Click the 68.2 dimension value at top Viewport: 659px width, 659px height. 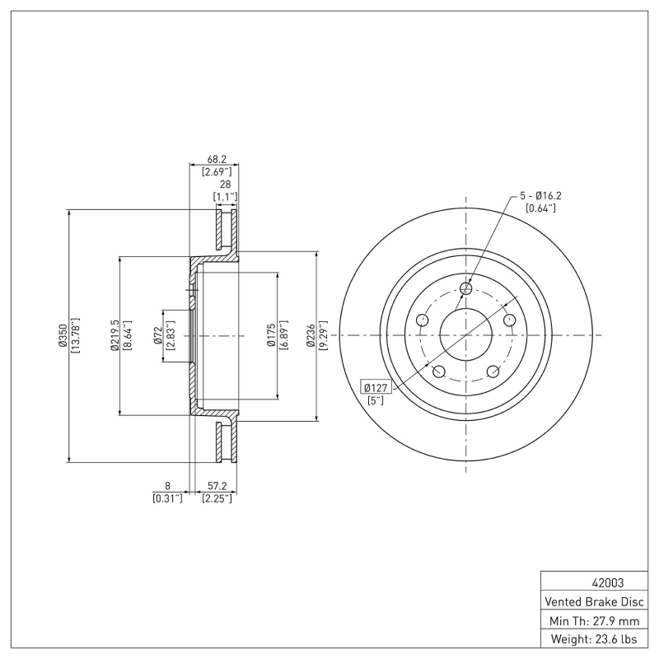tap(217, 160)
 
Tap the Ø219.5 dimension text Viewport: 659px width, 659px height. tap(115, 335)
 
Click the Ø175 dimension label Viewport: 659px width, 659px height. tap(271, 335)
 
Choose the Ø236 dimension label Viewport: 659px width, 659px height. tap(311, 335)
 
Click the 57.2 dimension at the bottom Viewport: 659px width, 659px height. tap(217, 487)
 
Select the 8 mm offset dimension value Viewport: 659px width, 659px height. tap(167, 487)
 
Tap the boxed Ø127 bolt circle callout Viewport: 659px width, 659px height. tap(376, 387)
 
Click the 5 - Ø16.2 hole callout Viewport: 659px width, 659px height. tap(540, 196)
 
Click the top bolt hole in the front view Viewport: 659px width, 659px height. tap(466, 288)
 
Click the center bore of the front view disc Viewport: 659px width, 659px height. tap(466, 335)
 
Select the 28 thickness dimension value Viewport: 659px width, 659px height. tap(225, 185)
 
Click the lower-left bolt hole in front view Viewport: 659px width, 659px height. tap(438, 372)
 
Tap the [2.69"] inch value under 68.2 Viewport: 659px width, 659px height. tap(217, 171)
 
